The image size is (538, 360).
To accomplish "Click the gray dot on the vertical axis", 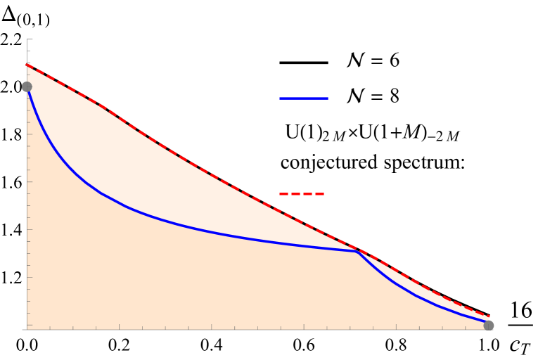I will [27, 86].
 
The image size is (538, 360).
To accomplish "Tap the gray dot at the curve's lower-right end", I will [489, 326].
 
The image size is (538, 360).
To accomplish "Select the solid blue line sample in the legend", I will [304, 98].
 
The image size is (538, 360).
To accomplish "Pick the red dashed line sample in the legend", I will [302, 193].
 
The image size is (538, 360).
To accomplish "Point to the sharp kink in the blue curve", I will [357, 251].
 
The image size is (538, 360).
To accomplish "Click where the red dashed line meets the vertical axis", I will [27, 65].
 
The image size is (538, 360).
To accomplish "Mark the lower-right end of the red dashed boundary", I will [489, 316].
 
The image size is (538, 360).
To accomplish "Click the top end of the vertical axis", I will [27, 39].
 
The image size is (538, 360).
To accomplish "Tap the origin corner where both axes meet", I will [27, 329].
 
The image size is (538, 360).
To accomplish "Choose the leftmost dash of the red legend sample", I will [283, 193].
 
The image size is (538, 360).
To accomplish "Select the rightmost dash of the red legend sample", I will [319, 193].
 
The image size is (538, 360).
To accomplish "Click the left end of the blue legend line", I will [281, 98].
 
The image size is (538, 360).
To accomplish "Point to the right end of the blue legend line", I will [328, 98].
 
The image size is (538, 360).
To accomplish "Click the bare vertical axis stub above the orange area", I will [27, 52].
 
